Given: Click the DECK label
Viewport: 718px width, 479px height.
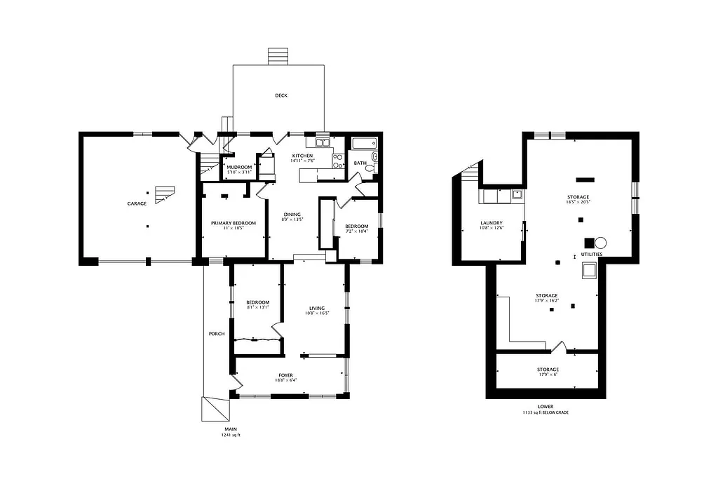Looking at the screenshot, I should tap(281, 95).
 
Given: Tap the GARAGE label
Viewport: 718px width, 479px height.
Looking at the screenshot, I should tap(137, 203).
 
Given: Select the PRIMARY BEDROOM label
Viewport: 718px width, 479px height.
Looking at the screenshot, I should tap(233, 223).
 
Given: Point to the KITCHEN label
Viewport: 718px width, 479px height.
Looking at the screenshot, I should tap(303, 155).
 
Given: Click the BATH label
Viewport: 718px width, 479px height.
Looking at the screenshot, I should tap(360, 163).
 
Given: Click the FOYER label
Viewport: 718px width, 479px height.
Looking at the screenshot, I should tap(285, 375).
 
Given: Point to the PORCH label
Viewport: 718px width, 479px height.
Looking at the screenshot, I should tap(217, 334).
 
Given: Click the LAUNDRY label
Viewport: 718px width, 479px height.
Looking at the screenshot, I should tap(491, 223).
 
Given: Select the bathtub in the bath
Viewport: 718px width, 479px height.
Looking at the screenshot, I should tap(364, 144).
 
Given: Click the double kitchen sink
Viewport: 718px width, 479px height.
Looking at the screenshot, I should tap(323, 143).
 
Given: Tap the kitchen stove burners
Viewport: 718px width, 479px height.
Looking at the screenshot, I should tap(337, 161).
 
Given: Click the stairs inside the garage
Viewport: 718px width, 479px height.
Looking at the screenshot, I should tap(164, 194).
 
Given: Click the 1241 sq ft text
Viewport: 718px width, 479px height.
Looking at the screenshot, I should tap(229, 436).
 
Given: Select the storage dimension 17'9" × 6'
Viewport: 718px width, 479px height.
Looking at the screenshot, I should tap(548, 375).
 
